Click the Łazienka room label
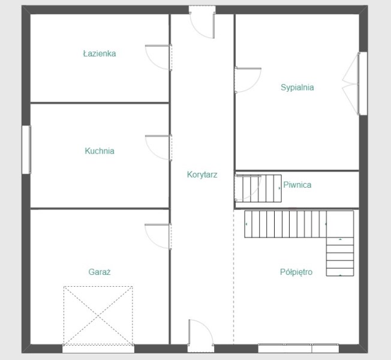pos(100,53)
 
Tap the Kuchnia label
pos(100,151)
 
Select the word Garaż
pos(100,272)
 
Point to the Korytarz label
pos(202,175)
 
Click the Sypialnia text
pos(297,88)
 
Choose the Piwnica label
pos(297,185)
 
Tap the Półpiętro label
pos(296,272)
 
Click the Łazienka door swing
pos(158,58)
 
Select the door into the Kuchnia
pos(158,148)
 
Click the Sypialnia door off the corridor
pos(248,80)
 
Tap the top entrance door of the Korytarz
pos(202,22)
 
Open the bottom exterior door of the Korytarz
pos(201,336)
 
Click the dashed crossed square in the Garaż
pos(98,316)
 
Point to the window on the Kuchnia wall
pos(26,149)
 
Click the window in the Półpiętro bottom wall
pos(298,348)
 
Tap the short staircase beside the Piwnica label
pos(258,188)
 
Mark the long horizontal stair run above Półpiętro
pos(285,224)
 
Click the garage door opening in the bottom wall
pos(98,349)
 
